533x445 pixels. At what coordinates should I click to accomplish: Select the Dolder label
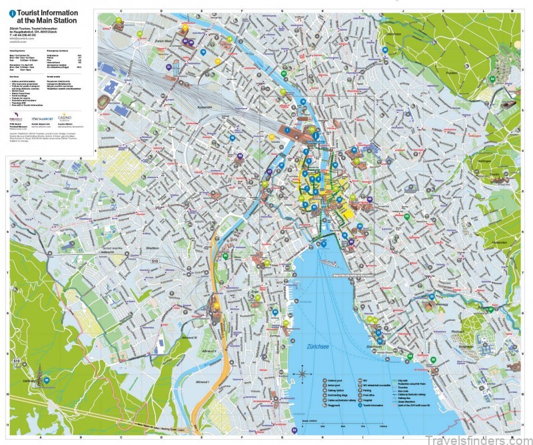coord(494,174)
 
